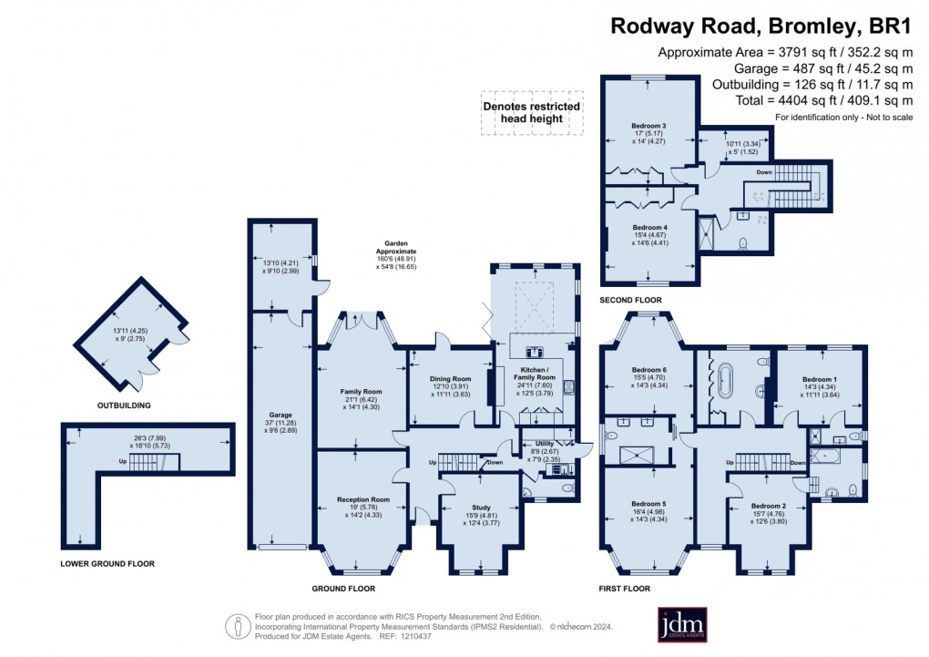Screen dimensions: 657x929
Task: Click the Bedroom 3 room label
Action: point(648,125)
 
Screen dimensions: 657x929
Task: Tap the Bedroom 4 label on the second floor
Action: point(649,227)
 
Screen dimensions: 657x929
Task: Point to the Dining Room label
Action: point(450,378)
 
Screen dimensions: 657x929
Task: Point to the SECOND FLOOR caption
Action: point(630,300)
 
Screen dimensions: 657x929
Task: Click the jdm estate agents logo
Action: point(683,624)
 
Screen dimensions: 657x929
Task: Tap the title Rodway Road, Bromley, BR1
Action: point(761,26)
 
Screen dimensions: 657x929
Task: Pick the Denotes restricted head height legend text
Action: point(532,112)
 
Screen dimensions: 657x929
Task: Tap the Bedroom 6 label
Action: point(649,369)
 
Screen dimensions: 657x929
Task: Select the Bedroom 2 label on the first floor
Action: point(768,506)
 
